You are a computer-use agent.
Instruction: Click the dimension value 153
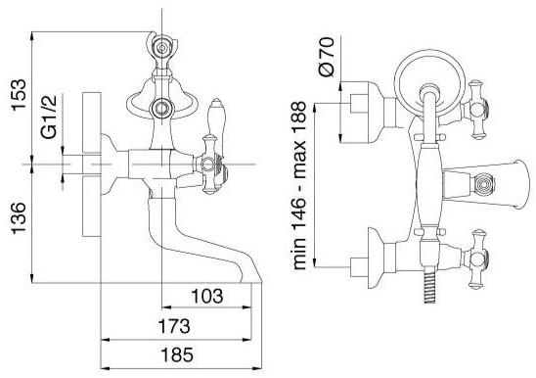click(19, 94)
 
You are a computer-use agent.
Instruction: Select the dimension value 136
click(19, 218)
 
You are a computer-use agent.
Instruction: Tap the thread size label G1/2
click(48, 117)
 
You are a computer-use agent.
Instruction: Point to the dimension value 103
click(206, 296)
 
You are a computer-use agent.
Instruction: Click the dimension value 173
click(174, 326)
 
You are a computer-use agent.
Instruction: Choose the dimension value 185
click(177, 354)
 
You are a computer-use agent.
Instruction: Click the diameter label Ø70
click(326, 57)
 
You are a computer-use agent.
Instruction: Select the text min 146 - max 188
click(299, 185)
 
